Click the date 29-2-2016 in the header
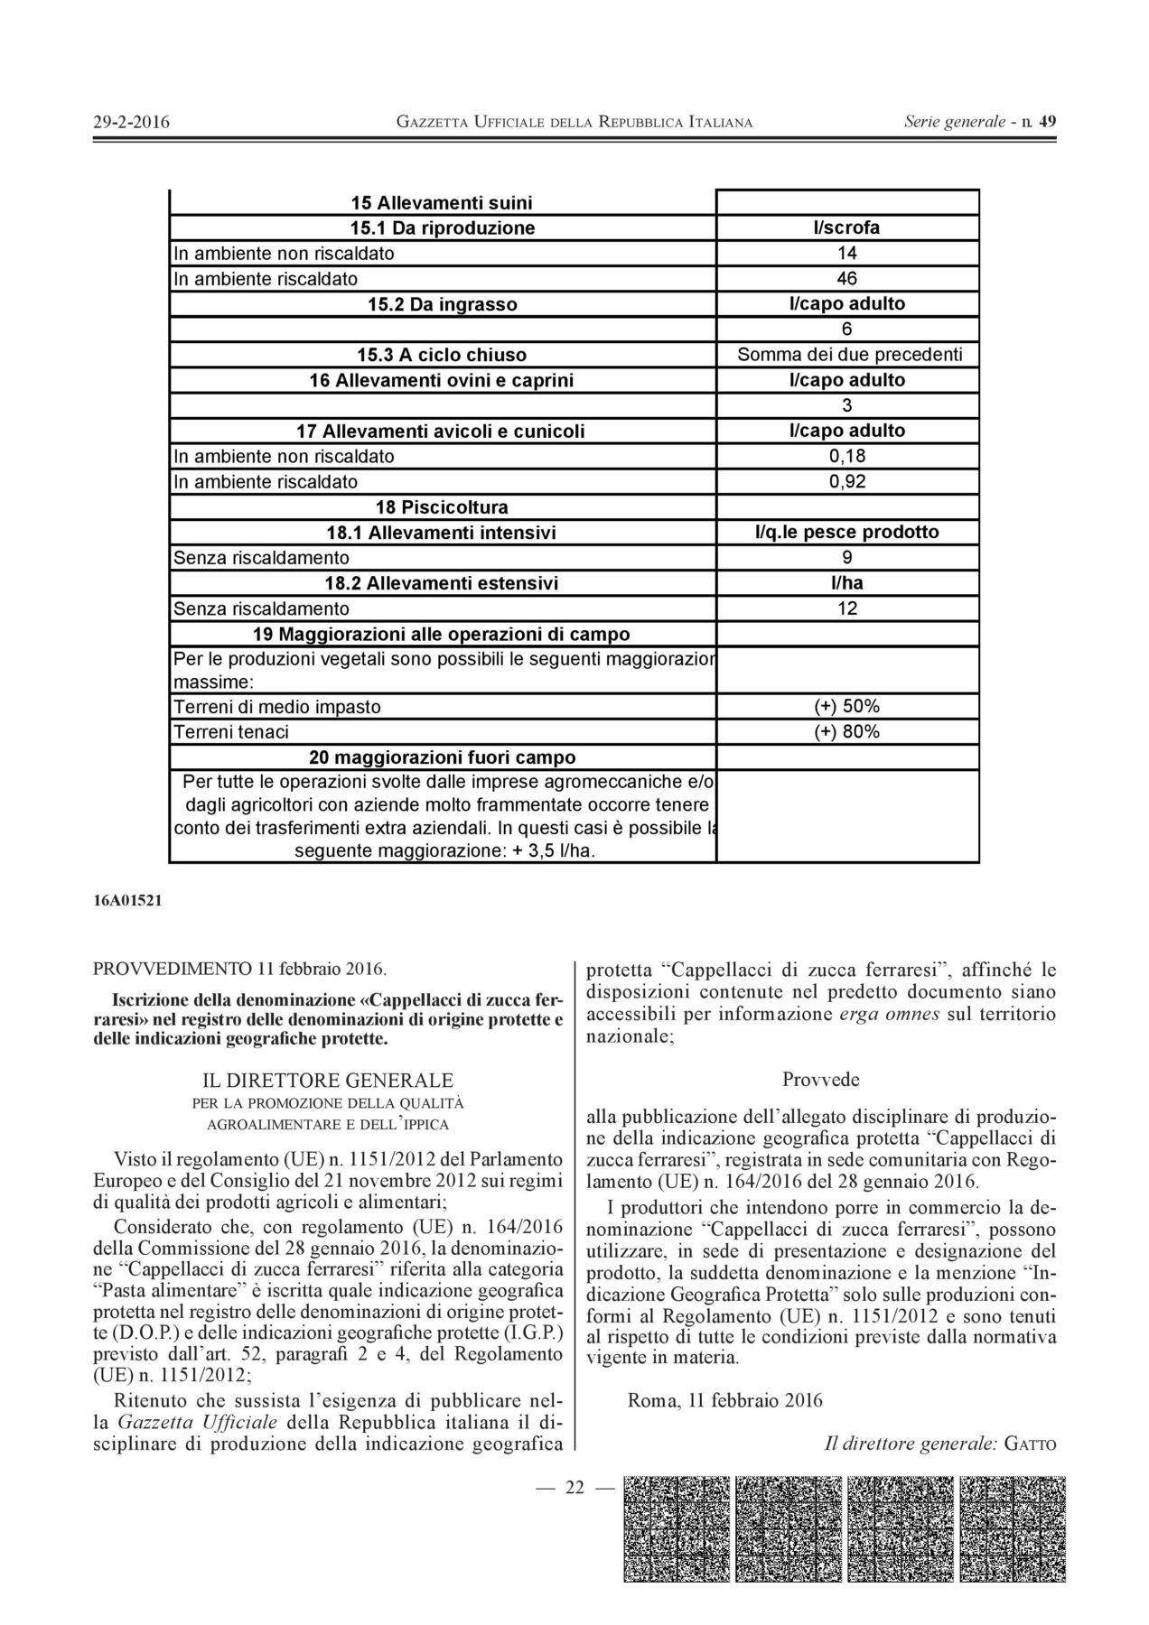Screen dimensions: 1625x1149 coord(132,122)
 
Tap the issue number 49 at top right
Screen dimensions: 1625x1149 coord(1048,121)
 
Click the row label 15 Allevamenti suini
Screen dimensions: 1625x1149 coord(442,202)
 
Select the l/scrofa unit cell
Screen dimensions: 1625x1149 coord(846,227)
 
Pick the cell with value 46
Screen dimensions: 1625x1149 coord(846,278)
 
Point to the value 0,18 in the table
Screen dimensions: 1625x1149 coord(846,456)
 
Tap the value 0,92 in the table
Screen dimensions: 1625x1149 coord(846,481)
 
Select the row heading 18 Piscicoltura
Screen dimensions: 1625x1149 coord(442,506)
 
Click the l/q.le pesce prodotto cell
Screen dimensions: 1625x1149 coord(846,532)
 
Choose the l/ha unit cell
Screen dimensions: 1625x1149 coord(846,583)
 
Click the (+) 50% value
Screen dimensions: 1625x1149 coord(846,706)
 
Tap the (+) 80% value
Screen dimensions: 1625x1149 coord(846,731)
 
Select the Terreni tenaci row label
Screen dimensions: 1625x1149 coord(231,732)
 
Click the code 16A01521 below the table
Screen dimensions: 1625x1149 coord(127,900)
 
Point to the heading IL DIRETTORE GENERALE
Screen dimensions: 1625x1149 coord(328,1080)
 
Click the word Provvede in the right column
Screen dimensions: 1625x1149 coord(820,1079)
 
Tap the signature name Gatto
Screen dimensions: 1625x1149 coord(1030,1444)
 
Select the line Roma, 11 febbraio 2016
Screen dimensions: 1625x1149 coord(724,1400)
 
